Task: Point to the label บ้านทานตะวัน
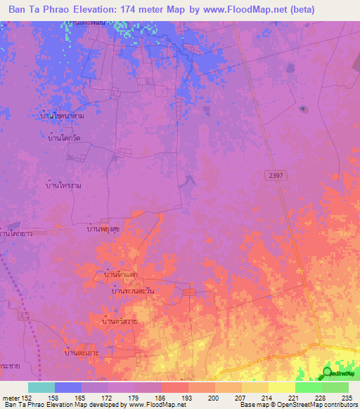pyautogui.click(x=128, y=290)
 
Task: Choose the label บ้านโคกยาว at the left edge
pyautogui.click(x=18, y=232)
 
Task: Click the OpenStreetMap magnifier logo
pyautogui.click(x=328, y=373)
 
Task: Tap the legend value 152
pyautogui.click(x=25, y=397)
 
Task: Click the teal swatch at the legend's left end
pyautogui.click(x=41, y=387)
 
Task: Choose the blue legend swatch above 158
pyautogui.click(x=68, y=387)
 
